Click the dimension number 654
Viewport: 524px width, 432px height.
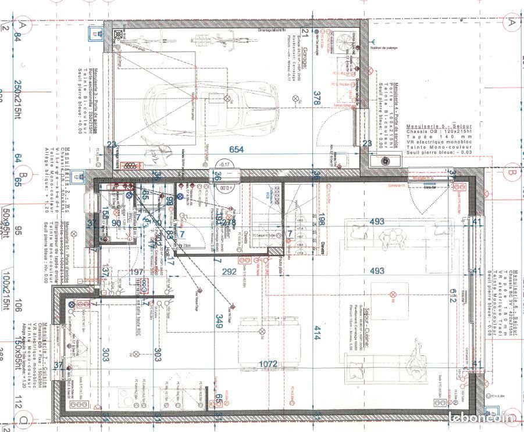pos(236,149)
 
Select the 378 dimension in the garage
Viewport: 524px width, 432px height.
pos(316,98)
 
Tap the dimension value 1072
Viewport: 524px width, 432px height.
pos(268,364)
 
